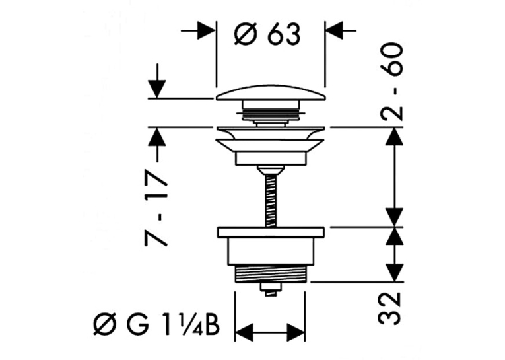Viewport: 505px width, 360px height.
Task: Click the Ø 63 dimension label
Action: click(x=267, y=34)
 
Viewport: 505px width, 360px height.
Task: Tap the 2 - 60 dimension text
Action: click(x=391, y=82)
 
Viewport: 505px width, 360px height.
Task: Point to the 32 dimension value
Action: click(x=389, y=308)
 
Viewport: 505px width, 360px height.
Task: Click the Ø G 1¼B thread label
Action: click(x=157, y=325)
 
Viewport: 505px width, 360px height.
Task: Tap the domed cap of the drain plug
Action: click(x=270, y=92)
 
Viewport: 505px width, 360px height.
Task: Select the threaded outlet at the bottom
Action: click(x=270, y=273)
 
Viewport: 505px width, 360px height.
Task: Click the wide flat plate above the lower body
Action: click(x=271, y=233)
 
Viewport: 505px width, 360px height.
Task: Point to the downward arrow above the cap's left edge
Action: click(x=157, y=81)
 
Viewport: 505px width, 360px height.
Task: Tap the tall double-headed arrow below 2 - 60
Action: click(x=395, y=177)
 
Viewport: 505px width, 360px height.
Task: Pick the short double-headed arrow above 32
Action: click(x=395, y=254)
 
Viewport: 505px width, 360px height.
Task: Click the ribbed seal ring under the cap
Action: click(x=271, y=113)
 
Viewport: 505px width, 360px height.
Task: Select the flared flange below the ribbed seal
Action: click(x=271, y=139)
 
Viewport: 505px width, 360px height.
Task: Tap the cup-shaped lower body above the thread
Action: click(x=271, y=252)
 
